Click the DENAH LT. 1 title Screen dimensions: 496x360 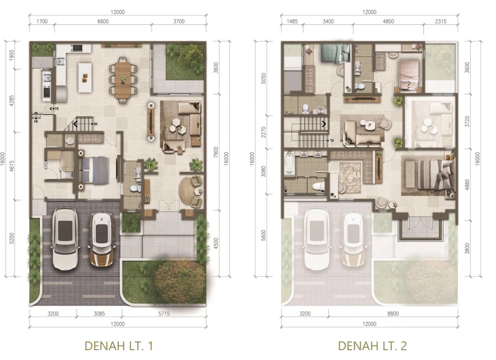119,346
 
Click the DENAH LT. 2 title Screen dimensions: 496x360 372,346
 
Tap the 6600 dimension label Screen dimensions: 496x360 103,21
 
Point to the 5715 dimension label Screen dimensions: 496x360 164,313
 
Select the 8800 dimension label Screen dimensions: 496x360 393,313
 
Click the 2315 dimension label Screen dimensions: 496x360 441,21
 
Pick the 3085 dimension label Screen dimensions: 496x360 99,313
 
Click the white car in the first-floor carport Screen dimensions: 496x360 66,238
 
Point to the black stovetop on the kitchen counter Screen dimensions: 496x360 77,48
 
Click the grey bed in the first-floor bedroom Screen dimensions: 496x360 93,170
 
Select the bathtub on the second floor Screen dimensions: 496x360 289,163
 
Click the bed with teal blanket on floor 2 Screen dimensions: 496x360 334,53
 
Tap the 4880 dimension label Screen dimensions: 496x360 467,185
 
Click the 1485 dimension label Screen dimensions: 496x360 292,21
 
